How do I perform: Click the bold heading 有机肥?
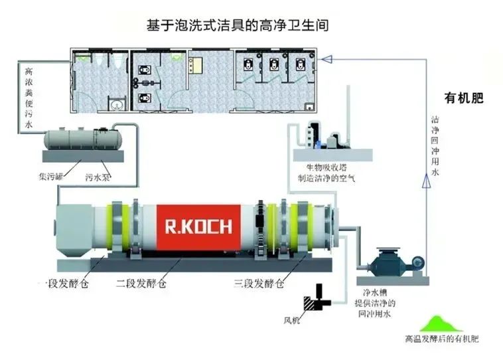464,99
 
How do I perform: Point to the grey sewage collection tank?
80,139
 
